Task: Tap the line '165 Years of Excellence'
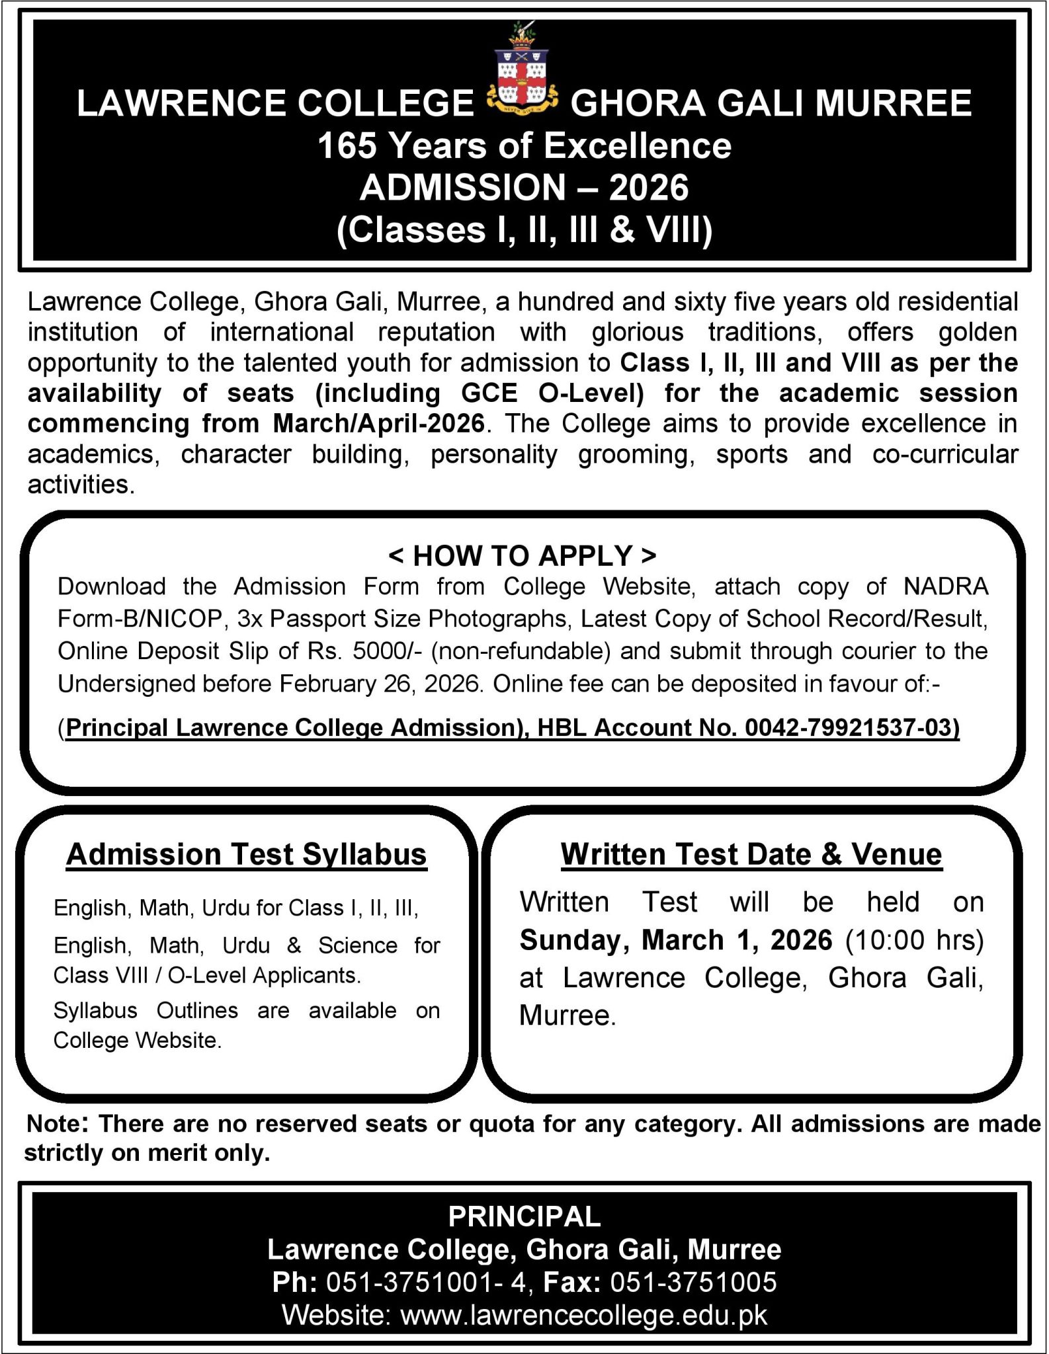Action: click(x=524, y=146)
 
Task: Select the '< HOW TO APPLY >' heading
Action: click(x=523, y=556)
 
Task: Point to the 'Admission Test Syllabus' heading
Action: click(x=246, y=854)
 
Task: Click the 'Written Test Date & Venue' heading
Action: click(x=751, y=854)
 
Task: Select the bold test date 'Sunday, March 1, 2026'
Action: click(x=675, y=939)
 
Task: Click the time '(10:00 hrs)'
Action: click(x=915, y=939)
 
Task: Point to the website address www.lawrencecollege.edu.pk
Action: click(x=584, y=1315)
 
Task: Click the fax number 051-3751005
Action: click(x=693, y=1282)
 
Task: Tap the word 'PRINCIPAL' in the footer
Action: click(x=524, y=1216)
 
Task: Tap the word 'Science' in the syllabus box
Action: click(x=357, y=945)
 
